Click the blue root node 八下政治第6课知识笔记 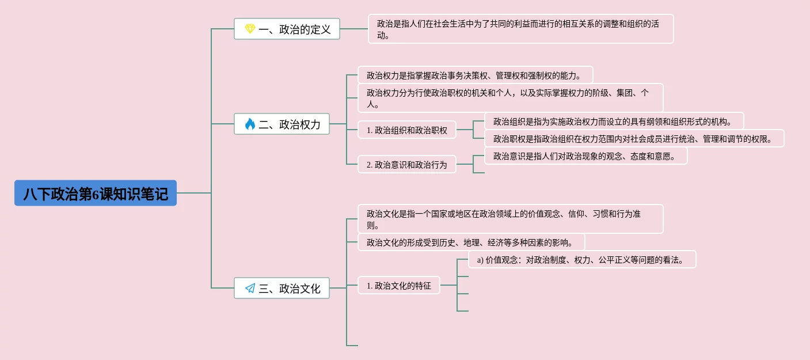pos(96,193)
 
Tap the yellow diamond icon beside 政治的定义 pos(250,29)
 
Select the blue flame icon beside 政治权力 pos(250,124)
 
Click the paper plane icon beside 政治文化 pos(250,288)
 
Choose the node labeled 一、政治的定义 pos(287,29)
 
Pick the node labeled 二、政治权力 pos(282,124)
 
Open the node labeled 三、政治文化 pos(282,288)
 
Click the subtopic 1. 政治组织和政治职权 pos(407,130)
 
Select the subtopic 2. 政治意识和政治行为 pos(407,164)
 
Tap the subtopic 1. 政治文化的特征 pos(399,285)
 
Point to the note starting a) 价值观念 pos(582,259)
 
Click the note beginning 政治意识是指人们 pos(586,156)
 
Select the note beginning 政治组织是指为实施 pos(614,121)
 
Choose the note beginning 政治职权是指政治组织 pos(634,138)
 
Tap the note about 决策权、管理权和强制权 pos(475,75)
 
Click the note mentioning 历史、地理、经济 pos(471,242)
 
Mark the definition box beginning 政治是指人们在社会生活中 pos(520,29)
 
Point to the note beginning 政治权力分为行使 pos(510,98)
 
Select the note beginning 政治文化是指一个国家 pos(510,219)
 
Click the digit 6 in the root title pos(96,194)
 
